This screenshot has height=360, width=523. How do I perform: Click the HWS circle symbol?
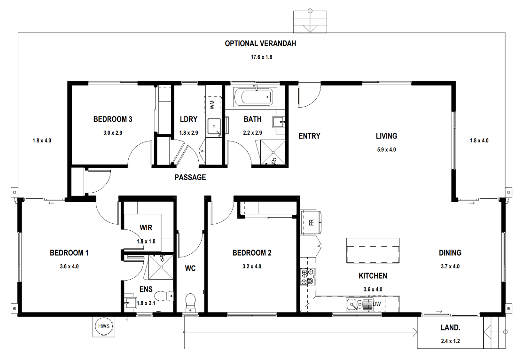coord(104,326)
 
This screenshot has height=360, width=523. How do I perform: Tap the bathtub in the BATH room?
coord(255,97)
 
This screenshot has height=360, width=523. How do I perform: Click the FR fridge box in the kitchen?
coord(311,222)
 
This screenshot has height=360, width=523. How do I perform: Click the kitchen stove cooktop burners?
coord(307,277)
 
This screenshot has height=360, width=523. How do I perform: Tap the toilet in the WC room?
coord(190,303)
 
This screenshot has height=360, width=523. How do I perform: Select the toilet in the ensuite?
coord(164,295)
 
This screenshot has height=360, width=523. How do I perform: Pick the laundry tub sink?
coord(214,126)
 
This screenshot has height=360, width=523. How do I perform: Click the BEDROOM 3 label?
coord(113,119)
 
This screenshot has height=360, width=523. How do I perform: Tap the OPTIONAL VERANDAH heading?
coord(260,43)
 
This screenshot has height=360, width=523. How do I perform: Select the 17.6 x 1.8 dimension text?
coord(261,57)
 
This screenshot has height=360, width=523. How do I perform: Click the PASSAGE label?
coord(190,177)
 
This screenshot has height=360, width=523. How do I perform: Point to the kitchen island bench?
coord(373,250)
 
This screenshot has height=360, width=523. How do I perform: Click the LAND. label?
coord(450,328)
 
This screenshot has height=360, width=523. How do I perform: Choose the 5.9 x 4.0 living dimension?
coord(387,150)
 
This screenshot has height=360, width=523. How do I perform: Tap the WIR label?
coord(146,227)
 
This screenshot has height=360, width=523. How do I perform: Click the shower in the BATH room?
coord(273,153)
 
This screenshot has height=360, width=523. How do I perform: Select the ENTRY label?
coord(309,136)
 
